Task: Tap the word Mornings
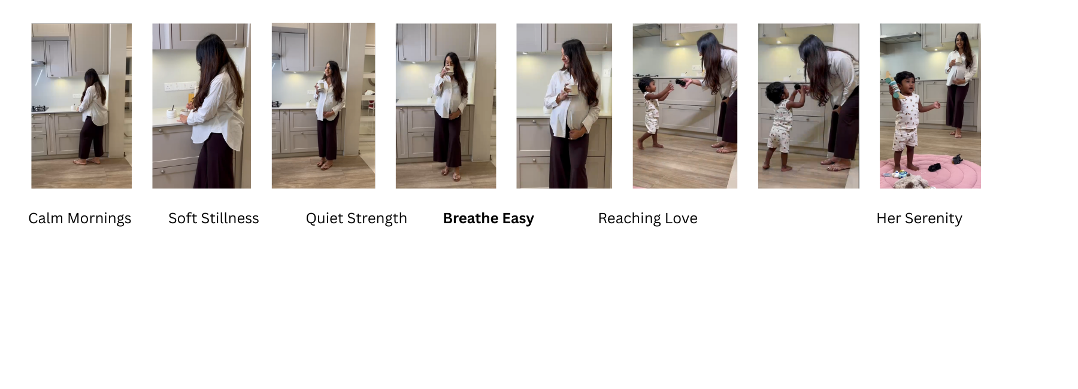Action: click(x=99, y=219)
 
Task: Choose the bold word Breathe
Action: click(x=471, y=218)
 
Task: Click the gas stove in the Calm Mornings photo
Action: click(x=39, y=109)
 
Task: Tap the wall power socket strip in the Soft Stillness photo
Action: click(x=180, y=86)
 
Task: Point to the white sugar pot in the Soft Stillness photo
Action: click(x=171, y=112)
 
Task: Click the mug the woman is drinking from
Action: click(x=448, y=70)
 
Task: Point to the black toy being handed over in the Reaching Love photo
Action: click(x=681, y=82)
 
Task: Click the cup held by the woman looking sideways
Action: click(x=573, y=90)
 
